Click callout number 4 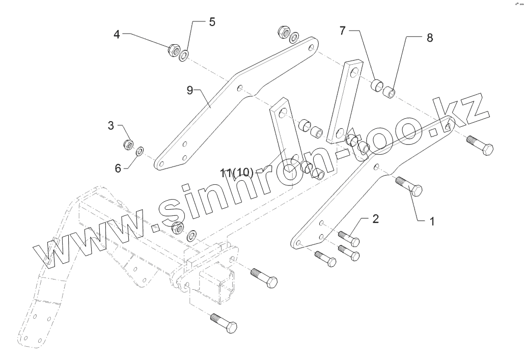(117, 35)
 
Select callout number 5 (212, 22)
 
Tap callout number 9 (189, 91)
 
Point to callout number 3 (111, 126)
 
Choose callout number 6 (118, 168)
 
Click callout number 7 (343, 31)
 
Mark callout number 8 (430, 38)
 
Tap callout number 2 (375, 219)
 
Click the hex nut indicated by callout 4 (173, 50)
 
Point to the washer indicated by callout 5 (184, 53)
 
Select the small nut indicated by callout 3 (129, 144)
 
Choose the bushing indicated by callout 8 (390, 93)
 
